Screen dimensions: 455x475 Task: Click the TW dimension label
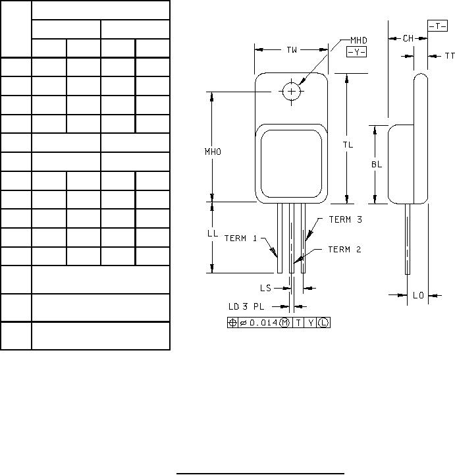click(x=292, y=50)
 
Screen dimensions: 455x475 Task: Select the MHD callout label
click(x=359, y=40)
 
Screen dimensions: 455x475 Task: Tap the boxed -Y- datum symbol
click(x=357, y=52)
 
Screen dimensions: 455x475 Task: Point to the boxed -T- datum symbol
click(x=437, y=26)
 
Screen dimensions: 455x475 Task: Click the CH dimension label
click(x=408, y=38)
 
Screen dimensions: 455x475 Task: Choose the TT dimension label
click(x=450, y=56)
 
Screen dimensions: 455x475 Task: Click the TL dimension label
click(x=348, y=145)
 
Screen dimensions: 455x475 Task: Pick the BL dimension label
click(x=377, y=164)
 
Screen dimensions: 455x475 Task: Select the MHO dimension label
click(x=213, y=152)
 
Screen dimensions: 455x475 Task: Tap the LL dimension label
click(x=213, y=233)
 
